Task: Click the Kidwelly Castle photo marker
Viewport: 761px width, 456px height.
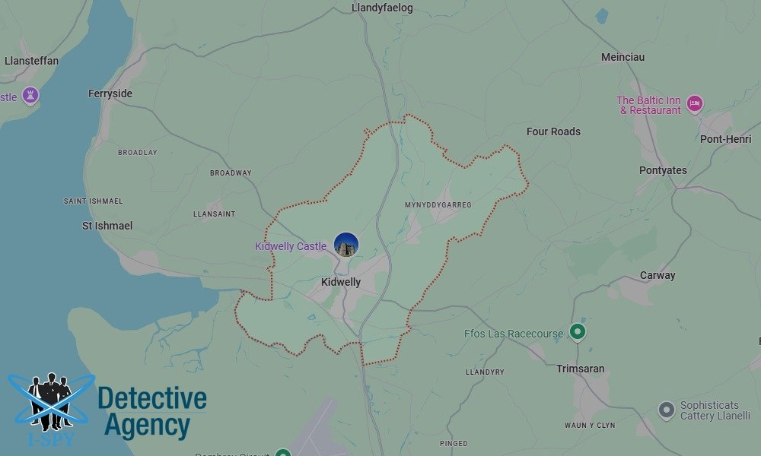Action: [346, 245]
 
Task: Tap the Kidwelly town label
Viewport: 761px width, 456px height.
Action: [341, 282]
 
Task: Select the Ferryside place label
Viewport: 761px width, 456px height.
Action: [110, 93]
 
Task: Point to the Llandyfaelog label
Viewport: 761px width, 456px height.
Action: [382, 8]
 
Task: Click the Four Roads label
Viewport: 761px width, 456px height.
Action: [553, 131]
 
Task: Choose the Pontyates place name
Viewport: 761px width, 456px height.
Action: [663, 170]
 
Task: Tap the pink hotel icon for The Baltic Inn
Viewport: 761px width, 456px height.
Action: [694, 103]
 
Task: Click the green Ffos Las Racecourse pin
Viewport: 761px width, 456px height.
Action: [578, 332]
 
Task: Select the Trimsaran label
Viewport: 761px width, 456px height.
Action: [581, 369]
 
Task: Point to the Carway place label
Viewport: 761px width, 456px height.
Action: [658, 275]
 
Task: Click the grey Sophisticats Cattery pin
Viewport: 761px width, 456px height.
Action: [667, 410]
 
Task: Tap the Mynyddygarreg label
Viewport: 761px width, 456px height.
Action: [438, 205]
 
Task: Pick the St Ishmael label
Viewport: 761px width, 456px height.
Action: [107, 226]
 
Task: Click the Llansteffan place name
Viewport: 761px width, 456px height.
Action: [31, 61]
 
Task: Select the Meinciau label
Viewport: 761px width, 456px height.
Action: [622, 57]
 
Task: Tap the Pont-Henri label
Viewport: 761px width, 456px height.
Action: [726, 139]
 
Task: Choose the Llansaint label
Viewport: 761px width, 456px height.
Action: [215, 214]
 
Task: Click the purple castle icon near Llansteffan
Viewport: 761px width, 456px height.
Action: [30, 96]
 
